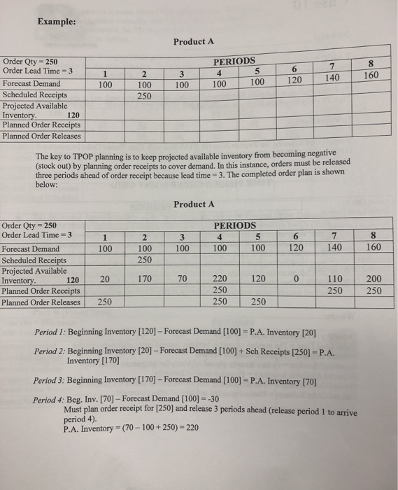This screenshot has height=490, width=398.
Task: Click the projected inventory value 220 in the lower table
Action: pos(219,279)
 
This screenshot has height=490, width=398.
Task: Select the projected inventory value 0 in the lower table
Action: pos(297,279)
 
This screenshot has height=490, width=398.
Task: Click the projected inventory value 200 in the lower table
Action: pos(373,279)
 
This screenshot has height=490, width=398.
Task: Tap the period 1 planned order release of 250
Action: pos(106,302)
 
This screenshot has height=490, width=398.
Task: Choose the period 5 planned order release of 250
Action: pos(257,302)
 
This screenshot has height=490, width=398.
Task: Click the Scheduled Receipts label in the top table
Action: pos(34,94)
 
